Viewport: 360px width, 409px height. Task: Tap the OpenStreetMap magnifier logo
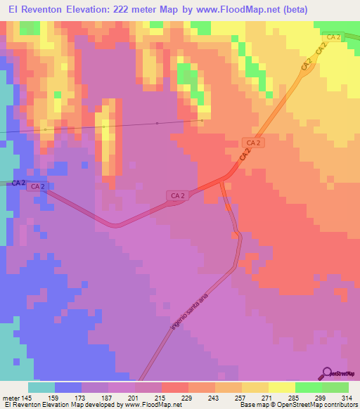tap(326, 373)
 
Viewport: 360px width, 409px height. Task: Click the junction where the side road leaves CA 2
tap(222, 183)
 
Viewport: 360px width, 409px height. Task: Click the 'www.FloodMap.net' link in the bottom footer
tap(151, 405)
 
